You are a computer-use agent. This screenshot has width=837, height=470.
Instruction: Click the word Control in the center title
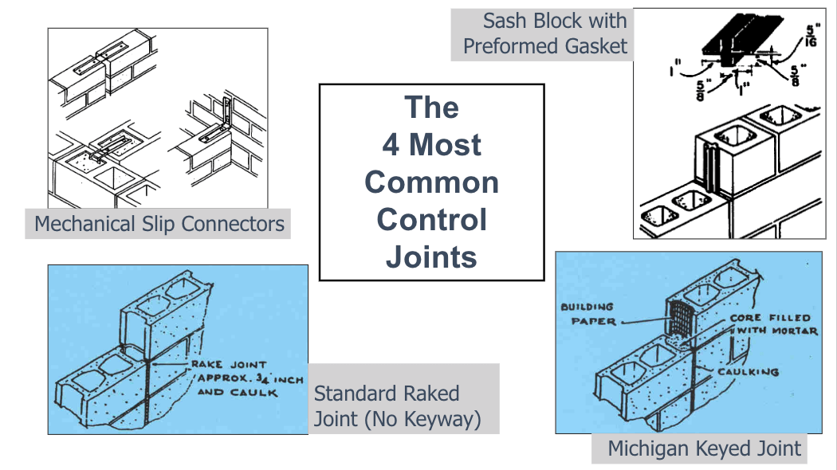coord(431,219)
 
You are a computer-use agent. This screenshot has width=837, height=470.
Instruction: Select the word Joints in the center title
coord(431,257)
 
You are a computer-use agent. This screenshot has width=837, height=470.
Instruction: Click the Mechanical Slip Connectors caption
coord(159,224)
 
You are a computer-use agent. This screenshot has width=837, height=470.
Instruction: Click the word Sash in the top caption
coord(504,21)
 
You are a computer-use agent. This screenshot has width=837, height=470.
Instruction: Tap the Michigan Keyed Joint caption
coord(704,448)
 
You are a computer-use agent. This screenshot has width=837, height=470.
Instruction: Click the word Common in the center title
coord(431,182)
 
